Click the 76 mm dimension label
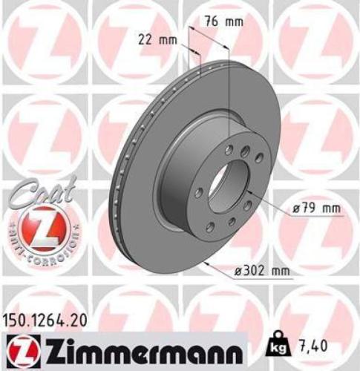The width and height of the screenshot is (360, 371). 223,22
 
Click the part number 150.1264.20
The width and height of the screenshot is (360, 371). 51,321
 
